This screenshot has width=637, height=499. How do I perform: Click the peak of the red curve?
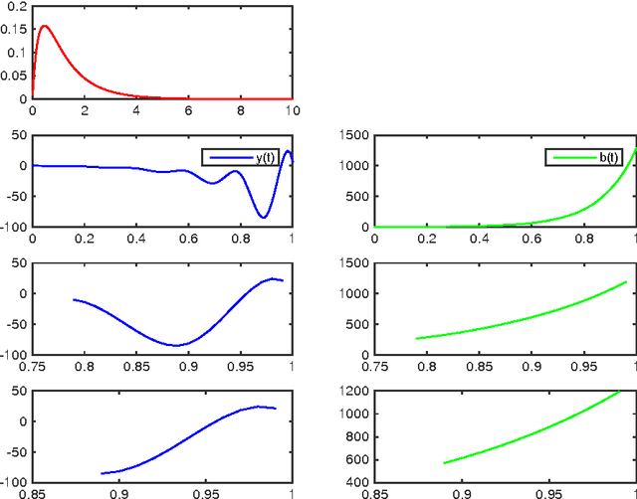pyautogui.click(x=44, y=27)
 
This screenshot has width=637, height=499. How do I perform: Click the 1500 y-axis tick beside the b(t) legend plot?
pyautogui.click(x=350, y=135)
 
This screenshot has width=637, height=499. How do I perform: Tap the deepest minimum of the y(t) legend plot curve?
pyautogui.click(x=264, y=217)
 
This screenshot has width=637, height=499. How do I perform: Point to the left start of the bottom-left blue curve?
pyautogui.click(x=103, y=473)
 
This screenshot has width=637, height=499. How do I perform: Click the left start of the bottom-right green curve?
pyautogui.click(x=444, y=463)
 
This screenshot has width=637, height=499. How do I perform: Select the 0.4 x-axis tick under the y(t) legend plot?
pyautogui.click(x=136, y=239)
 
